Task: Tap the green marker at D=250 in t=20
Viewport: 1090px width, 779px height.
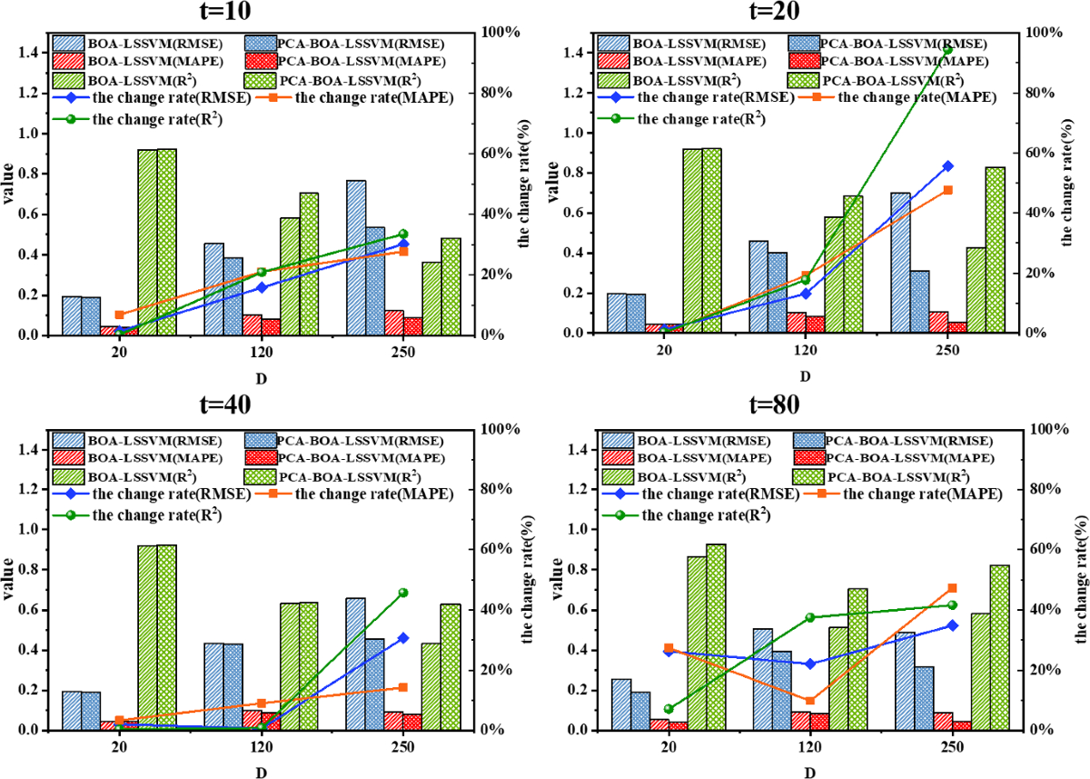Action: click(947, 50)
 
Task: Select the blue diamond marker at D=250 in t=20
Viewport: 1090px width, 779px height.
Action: click(947, 166)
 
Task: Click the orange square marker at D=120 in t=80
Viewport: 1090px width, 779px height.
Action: click(810, 700)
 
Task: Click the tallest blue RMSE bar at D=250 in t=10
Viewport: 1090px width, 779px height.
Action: click(356, 257)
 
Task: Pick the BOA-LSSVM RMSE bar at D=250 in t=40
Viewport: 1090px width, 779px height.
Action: click(356, 664)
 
